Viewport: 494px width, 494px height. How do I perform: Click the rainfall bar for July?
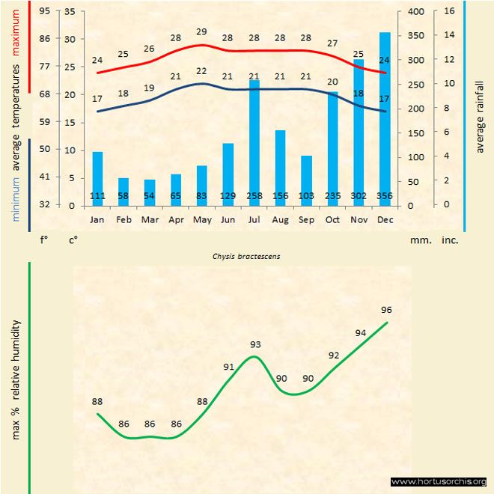(x=254, y=142)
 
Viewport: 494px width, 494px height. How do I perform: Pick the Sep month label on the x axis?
(x=306, y=220)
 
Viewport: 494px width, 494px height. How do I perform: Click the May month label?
(x=202, y=220)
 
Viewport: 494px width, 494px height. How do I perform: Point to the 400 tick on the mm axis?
(x=417, y=11)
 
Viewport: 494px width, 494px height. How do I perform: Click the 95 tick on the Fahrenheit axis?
(x=45, y=11)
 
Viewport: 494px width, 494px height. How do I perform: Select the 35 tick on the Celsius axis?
(x=70, y=11)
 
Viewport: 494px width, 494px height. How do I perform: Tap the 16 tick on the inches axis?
(x=448, y=11)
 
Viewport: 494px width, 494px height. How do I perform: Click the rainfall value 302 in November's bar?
(x=358, y=196)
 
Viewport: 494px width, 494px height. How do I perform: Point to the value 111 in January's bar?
(x=97, y=196)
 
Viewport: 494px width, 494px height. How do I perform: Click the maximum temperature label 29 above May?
(x=201, y=32)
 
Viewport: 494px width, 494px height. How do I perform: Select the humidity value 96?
(x=386, y=310)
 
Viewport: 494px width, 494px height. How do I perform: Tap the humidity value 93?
(x=255, y=344)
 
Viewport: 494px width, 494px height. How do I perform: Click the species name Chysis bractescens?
(x=247, y=256)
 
